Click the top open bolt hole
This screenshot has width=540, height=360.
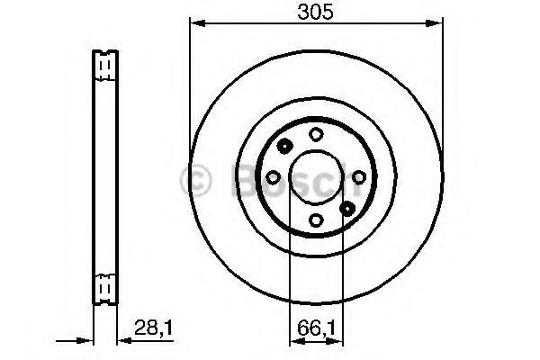(x=316, y=134)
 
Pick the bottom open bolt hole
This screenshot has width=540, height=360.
(x=316, y=220)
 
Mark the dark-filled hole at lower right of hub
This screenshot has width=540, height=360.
(x=348, y=208)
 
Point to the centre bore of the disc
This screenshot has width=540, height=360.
(x=316, y=177)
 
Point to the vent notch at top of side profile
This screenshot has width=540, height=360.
(x=104, y=64)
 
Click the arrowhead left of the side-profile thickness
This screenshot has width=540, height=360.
(x=87, y=341)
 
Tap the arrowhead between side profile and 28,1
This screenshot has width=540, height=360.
(x=121, y=341)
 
